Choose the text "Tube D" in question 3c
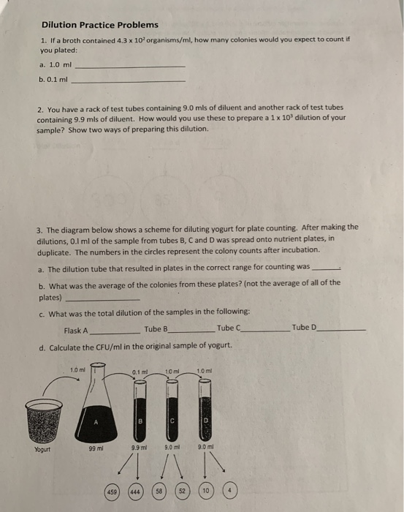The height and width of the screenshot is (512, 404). tap(304, 328)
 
